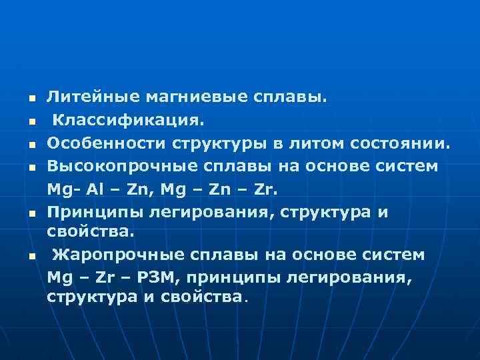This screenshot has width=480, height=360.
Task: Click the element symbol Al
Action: point(91,189)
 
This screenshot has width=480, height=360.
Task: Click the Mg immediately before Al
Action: point(59,189)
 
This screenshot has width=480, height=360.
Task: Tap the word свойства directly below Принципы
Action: point(90,232)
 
